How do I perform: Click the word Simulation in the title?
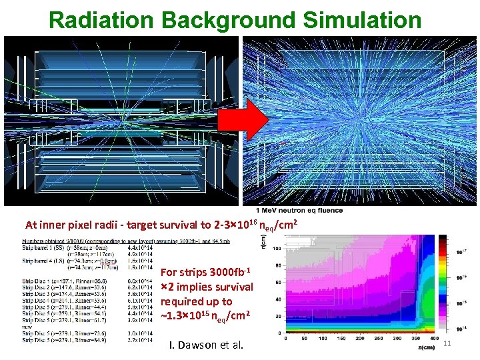(363, 19)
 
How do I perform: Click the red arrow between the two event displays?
(253, 121)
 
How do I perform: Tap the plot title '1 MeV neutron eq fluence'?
(303, 211)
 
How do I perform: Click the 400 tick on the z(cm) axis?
(428, 337)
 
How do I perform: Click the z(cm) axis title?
(424, 347)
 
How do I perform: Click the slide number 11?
(448, 343)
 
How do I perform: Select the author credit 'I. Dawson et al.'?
(208, 345)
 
